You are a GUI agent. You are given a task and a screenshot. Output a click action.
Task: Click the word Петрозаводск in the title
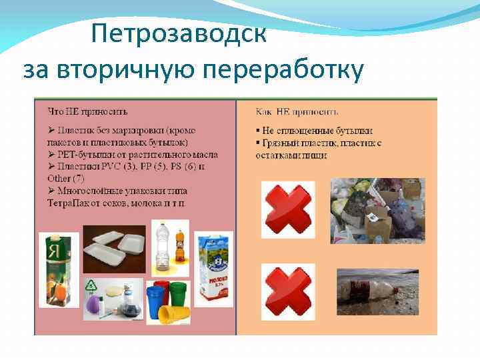179,34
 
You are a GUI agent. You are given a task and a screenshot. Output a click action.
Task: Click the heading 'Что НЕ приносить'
87,111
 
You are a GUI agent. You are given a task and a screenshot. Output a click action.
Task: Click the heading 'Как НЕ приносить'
297,111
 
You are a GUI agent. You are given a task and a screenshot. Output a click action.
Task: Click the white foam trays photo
114,249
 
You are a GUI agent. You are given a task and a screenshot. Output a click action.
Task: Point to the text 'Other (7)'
66,178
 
